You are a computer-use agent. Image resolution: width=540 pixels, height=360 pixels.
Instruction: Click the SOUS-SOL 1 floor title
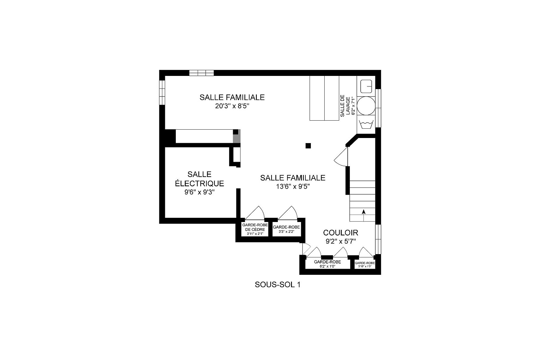[277, 285]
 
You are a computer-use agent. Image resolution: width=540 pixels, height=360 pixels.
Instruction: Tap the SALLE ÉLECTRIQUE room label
[199, 179]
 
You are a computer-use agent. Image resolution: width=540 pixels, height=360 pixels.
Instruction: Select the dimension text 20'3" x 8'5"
[232, 106]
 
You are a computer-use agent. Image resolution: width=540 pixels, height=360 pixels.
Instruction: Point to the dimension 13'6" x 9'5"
[293, 187]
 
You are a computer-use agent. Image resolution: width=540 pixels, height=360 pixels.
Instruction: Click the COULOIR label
[340, 233]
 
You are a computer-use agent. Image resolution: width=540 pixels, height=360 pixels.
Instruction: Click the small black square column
[308, 146]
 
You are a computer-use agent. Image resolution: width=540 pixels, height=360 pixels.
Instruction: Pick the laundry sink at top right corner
[366, 86]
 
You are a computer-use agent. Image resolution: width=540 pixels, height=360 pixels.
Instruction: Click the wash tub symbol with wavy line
[366, 124]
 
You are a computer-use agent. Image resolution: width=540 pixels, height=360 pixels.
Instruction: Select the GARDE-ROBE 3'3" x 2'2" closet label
[286, 229]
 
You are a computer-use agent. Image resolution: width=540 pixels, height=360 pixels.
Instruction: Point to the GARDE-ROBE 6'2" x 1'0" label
[327, 264]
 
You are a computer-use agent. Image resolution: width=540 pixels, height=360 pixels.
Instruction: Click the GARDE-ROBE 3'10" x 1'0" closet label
[365, 264]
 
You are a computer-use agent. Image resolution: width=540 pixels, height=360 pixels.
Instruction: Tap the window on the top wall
[202, 73]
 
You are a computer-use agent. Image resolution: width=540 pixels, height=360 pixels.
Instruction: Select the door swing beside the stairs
[341, 157]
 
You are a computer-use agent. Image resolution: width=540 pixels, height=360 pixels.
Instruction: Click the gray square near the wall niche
[237, 139]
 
